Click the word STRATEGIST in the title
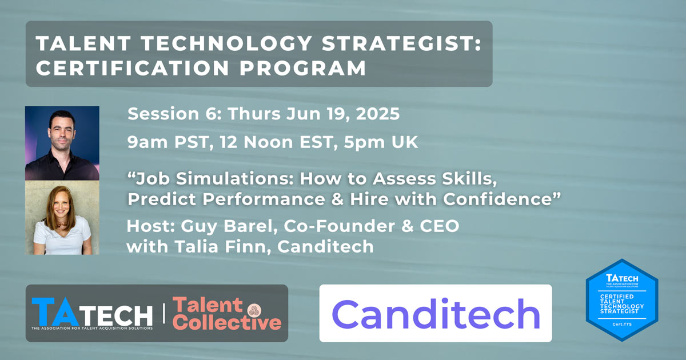coord(401,43)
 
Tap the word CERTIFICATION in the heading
coord(132,68)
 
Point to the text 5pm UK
coord(381,143)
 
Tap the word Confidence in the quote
coord(497,199)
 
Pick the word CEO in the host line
coord(440,226)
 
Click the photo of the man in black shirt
coord(62,143)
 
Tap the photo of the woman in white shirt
coord(62,218)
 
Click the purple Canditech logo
coord(436,314)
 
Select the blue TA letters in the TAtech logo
coord(55,311)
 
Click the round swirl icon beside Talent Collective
coord(254,310)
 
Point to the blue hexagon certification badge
coord(622,300)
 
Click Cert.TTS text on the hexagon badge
coord(622,324)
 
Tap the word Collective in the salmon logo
coord(227,322)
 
